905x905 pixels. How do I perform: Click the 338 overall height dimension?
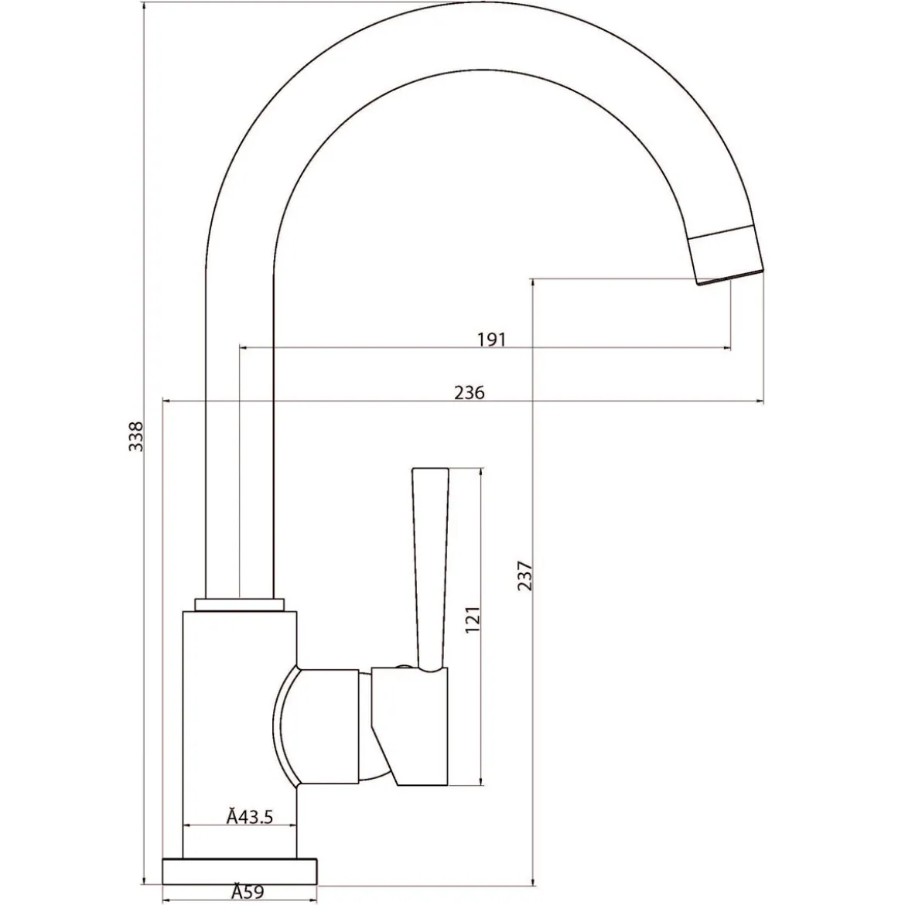(135, 436)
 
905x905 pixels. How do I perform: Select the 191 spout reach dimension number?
(491, 340)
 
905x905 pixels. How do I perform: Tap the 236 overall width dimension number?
(470, 392)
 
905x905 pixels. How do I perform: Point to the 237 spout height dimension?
(524, 575)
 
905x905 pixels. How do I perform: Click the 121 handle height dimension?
(473, 620)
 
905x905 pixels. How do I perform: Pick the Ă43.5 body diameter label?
(249, 817)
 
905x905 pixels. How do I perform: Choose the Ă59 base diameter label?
(248, 892)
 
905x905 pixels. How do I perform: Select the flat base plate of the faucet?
(240, 872)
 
